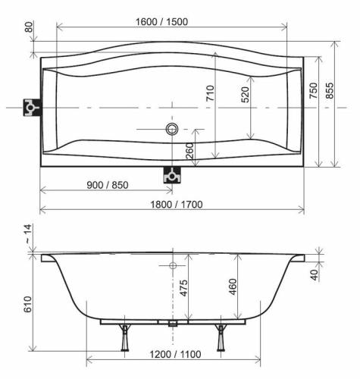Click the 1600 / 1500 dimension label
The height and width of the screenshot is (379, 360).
(161, 22)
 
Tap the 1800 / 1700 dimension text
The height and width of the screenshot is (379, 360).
(177, 205)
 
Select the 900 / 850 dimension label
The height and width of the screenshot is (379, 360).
(108, 185)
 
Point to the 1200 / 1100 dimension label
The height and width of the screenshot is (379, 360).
(175, 354)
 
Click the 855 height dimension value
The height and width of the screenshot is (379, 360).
(330, 90)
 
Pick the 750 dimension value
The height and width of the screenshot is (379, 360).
(313, 90)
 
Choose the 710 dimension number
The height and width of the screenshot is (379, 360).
(210, 93)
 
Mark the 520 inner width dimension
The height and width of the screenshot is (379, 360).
(246, 95)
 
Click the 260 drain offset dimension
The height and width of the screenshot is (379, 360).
(189, 151)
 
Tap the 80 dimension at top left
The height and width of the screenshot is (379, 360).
(29, 27)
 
